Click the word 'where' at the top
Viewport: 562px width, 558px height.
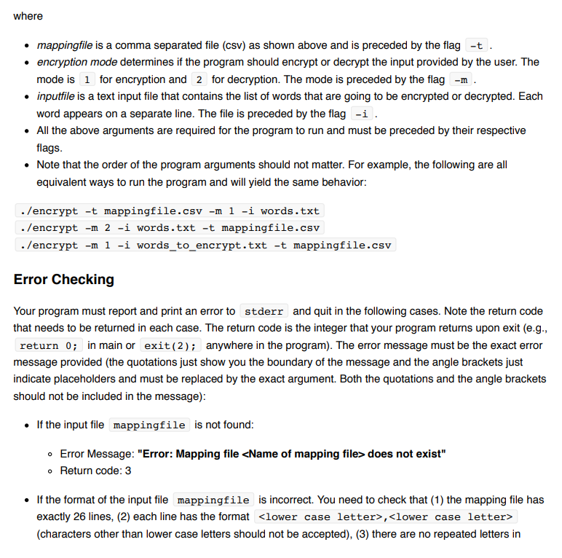(x=28, y=16)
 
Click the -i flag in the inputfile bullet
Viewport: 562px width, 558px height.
(x=360, y=114)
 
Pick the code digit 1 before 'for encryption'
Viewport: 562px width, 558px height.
(x=87, y=79)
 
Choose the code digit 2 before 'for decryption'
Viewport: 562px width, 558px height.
(x=199, y=79)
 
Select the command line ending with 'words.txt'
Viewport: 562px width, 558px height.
(x=170, y=211)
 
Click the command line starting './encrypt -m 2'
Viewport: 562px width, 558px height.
(x=170, y=228)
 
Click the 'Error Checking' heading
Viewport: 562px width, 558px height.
(x=64, y=280)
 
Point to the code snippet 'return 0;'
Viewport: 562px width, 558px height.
(x=50, y=345)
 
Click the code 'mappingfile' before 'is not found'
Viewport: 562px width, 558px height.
(x=149, y=425)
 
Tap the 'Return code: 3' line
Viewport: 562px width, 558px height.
(x=95, y=471)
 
